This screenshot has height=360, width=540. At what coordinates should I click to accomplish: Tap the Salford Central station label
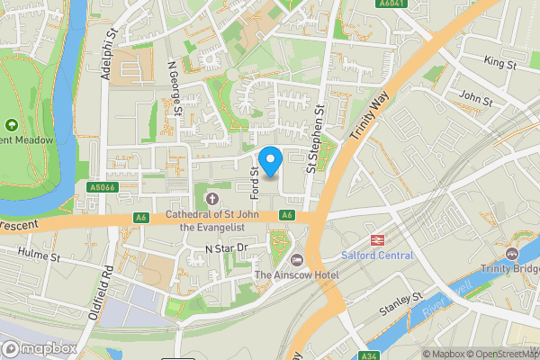click(x=378, y=256)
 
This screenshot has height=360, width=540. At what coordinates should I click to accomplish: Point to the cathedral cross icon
click(x=212, y=198)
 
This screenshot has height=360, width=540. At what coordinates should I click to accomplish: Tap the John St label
click(x=475, y=96)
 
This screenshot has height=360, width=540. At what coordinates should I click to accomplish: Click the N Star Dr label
click(x=225, y=247)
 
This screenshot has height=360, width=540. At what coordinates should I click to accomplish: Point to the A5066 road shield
click(x=104, y=187)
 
